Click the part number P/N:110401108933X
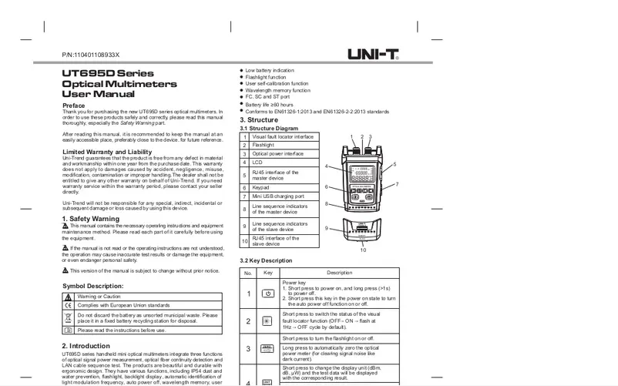click(x=98, y=57)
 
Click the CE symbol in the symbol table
click(x=67, y=305)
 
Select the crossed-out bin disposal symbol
click(x=67, y=317)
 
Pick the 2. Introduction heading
click(x=91, y=345)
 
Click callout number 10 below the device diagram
click(x=363, y=251)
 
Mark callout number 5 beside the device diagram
click(x=394, y=164)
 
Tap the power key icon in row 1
click(x=267, y=294)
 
